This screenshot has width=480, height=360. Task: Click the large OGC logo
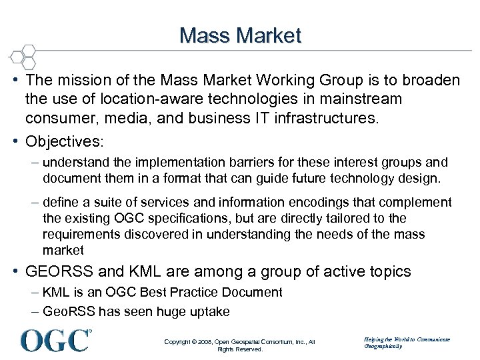[x=56, y=340]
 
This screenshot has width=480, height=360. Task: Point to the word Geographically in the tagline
[x=383, y=346]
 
